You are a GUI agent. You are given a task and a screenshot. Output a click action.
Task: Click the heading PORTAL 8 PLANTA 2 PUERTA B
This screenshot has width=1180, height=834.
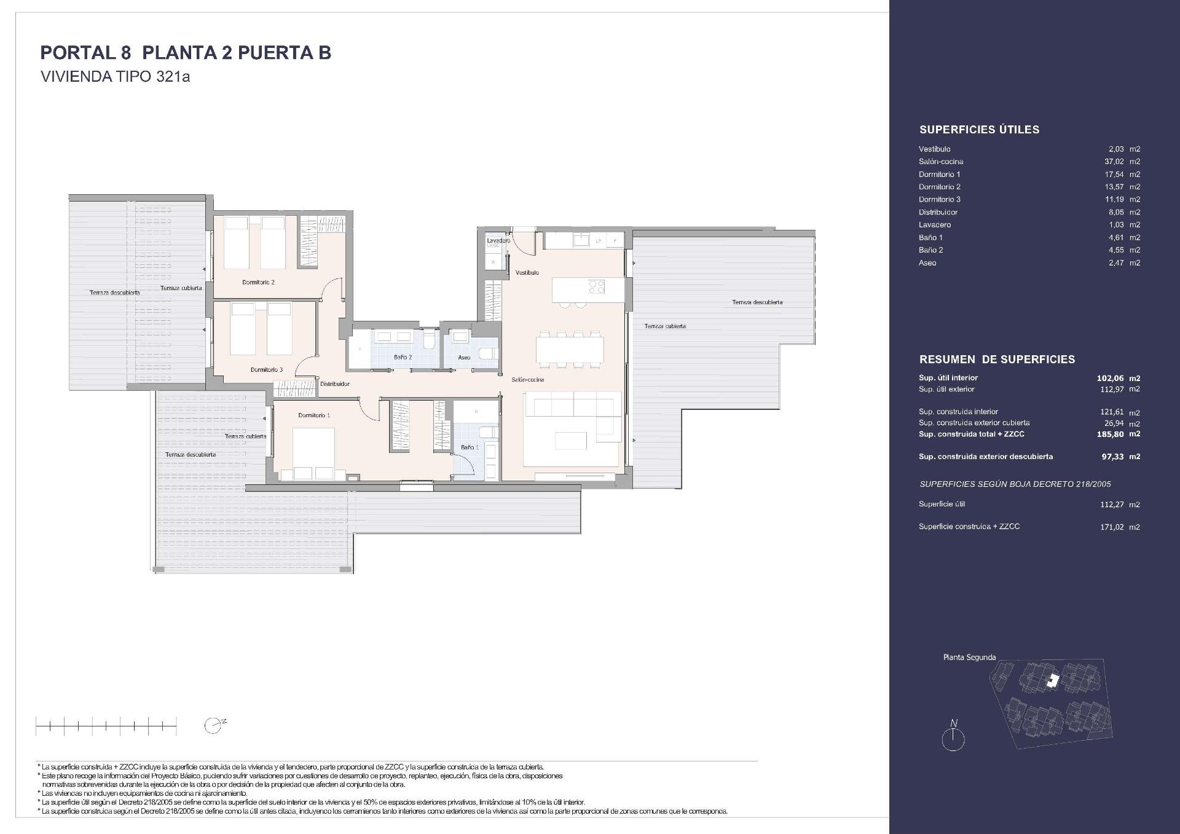tap(186, 53)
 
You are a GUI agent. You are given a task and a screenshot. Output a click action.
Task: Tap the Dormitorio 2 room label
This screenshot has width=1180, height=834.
tap(258, 282)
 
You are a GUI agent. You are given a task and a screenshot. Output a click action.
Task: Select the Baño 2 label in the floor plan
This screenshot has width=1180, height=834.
tap(403, 357)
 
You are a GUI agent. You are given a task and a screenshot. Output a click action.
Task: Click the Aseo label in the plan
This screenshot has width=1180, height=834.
tap(464, 358)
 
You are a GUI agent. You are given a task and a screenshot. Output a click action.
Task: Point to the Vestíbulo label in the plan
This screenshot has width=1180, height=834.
tap(527, 272)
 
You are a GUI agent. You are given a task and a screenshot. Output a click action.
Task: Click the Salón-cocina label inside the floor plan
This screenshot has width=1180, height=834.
tap(527, 380)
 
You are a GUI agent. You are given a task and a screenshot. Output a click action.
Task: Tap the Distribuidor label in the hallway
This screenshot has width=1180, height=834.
tap(334, 384)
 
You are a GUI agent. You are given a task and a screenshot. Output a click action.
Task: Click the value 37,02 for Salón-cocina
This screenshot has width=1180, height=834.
tap(1114, 162)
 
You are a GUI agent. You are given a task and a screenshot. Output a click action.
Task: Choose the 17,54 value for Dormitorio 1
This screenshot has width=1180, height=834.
tap(1114, 175)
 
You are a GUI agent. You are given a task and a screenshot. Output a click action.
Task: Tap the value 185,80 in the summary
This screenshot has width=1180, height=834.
tap(1110, 434)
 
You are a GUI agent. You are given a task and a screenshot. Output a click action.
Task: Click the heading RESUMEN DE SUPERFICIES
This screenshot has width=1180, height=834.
tap(997, 360)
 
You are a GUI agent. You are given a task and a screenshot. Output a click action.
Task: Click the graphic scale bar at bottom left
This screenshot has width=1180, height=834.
tap(106, 726)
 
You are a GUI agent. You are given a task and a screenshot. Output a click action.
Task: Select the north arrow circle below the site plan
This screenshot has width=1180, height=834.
tap(953, 739)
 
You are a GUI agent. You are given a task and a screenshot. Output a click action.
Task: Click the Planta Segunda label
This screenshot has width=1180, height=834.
tap(969, 657)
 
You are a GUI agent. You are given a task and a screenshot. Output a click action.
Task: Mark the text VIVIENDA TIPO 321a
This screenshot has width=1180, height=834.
tap(115, 77)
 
